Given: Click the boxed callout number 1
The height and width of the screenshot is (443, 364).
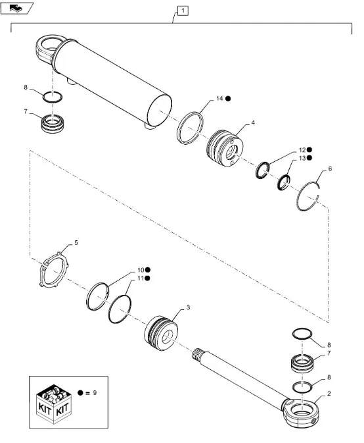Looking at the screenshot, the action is (183, 11).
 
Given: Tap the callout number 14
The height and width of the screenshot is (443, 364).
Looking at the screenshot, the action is (219, 98).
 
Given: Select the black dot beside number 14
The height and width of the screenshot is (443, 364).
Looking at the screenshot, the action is (228, 99).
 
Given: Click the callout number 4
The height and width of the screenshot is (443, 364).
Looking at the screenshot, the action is (253, 122).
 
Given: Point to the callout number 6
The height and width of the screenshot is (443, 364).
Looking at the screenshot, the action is (330, 169).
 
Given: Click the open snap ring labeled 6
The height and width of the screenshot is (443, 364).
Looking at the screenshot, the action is (298, 200).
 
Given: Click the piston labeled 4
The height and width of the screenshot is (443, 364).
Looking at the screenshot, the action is (225, 147).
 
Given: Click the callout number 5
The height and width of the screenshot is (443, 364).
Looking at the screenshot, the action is (76, 243).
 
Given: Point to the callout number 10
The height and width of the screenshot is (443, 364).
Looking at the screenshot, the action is (141, 270).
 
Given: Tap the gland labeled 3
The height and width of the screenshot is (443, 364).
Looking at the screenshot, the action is (161, 333).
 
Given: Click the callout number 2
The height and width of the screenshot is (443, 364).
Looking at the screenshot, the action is (329, 394).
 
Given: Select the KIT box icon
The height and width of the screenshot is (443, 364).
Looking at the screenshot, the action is (54, 403).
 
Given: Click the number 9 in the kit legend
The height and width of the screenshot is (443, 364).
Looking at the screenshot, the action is (95, 393).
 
